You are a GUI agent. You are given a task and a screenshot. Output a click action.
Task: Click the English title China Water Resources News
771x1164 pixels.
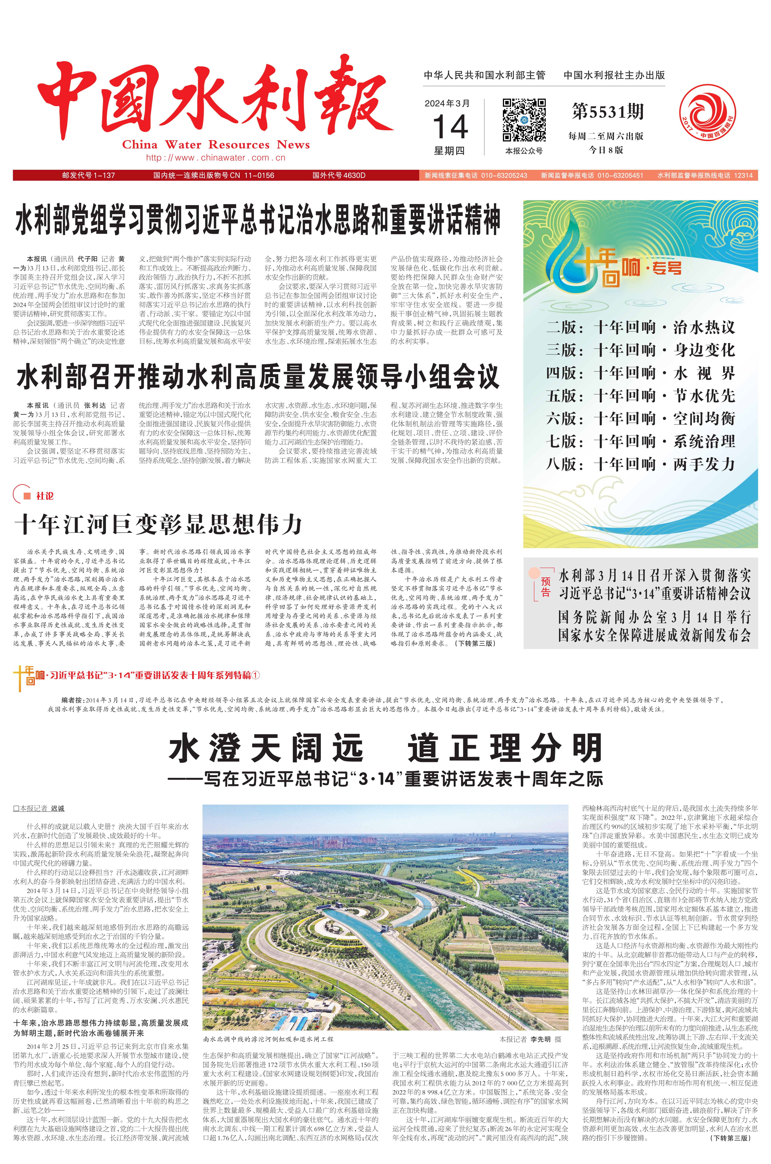tap(216, 145)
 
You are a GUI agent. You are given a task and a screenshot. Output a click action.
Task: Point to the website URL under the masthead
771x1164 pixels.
tap(216, 158)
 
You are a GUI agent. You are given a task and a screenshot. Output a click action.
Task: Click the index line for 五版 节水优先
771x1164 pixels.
tap(640, 396)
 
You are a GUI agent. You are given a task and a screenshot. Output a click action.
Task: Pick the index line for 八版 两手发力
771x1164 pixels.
tap(640, 464)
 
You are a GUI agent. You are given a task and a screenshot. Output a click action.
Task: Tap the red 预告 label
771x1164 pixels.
tap(545, 587)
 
